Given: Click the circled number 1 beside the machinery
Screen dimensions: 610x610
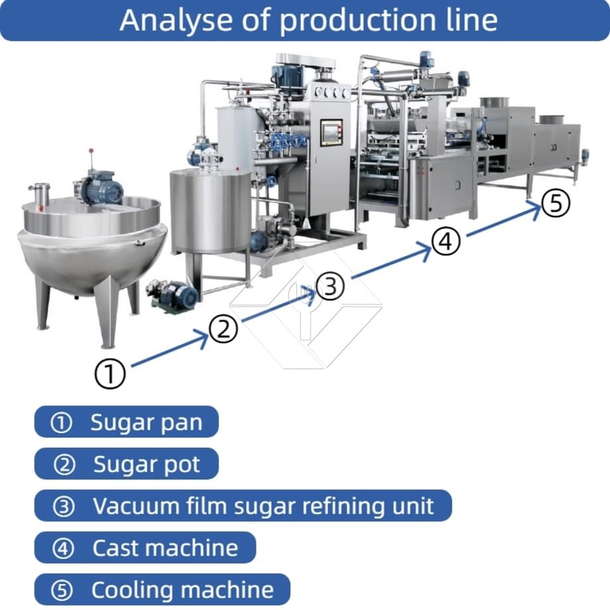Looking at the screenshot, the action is pyautogui.click(x=110, y=373).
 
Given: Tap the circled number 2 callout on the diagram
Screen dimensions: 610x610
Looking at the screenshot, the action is pyautogui.click(x=223, y=329).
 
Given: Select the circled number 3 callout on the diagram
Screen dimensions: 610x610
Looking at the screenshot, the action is pyautogui.click(x=330, y=286).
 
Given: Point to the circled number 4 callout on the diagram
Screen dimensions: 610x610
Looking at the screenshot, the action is pyautogui.click(x=446, y=241).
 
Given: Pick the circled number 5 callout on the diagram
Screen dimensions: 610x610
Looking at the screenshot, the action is pyautogui.click(x=556, y=203).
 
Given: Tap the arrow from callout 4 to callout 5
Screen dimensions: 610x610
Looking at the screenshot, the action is pyautogui.click(x=503, y=221).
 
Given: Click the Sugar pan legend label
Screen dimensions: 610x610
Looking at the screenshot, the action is pyautogui.click(x=127, y=422).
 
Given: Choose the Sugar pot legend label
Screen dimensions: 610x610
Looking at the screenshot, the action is pyautogui.click(x=127, y=463).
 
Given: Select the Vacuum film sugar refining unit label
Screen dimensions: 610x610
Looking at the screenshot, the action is pyautogui.click(x=243, y=506).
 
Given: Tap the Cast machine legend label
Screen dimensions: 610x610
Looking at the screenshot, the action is pyautogui.click(x=145, y=548).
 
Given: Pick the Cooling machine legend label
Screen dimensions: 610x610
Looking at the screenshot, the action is pyautogui.click(x=162, y=589).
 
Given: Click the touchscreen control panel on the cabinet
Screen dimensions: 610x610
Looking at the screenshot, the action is pyautogui.click(x=331, y=133).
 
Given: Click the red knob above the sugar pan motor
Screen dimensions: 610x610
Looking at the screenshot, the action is pyautogui.click(x=91, y=150).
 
